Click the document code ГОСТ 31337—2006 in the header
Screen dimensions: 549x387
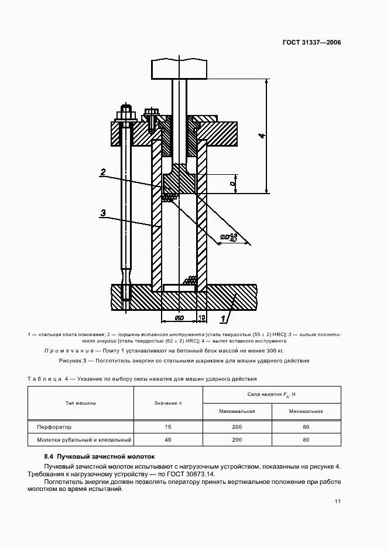312,42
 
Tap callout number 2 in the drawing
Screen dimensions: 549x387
102,172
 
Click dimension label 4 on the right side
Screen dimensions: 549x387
262,136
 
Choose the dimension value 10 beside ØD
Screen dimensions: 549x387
202,318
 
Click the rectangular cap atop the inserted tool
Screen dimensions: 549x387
180,69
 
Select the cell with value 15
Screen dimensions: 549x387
168,427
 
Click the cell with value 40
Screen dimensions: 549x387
168,439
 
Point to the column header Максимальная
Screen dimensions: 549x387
237,411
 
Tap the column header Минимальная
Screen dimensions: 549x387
306,411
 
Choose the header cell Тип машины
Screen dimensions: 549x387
81,403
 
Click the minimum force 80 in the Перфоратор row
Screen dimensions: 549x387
306,427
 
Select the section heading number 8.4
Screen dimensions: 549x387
49,456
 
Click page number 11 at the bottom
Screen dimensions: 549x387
337,501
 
